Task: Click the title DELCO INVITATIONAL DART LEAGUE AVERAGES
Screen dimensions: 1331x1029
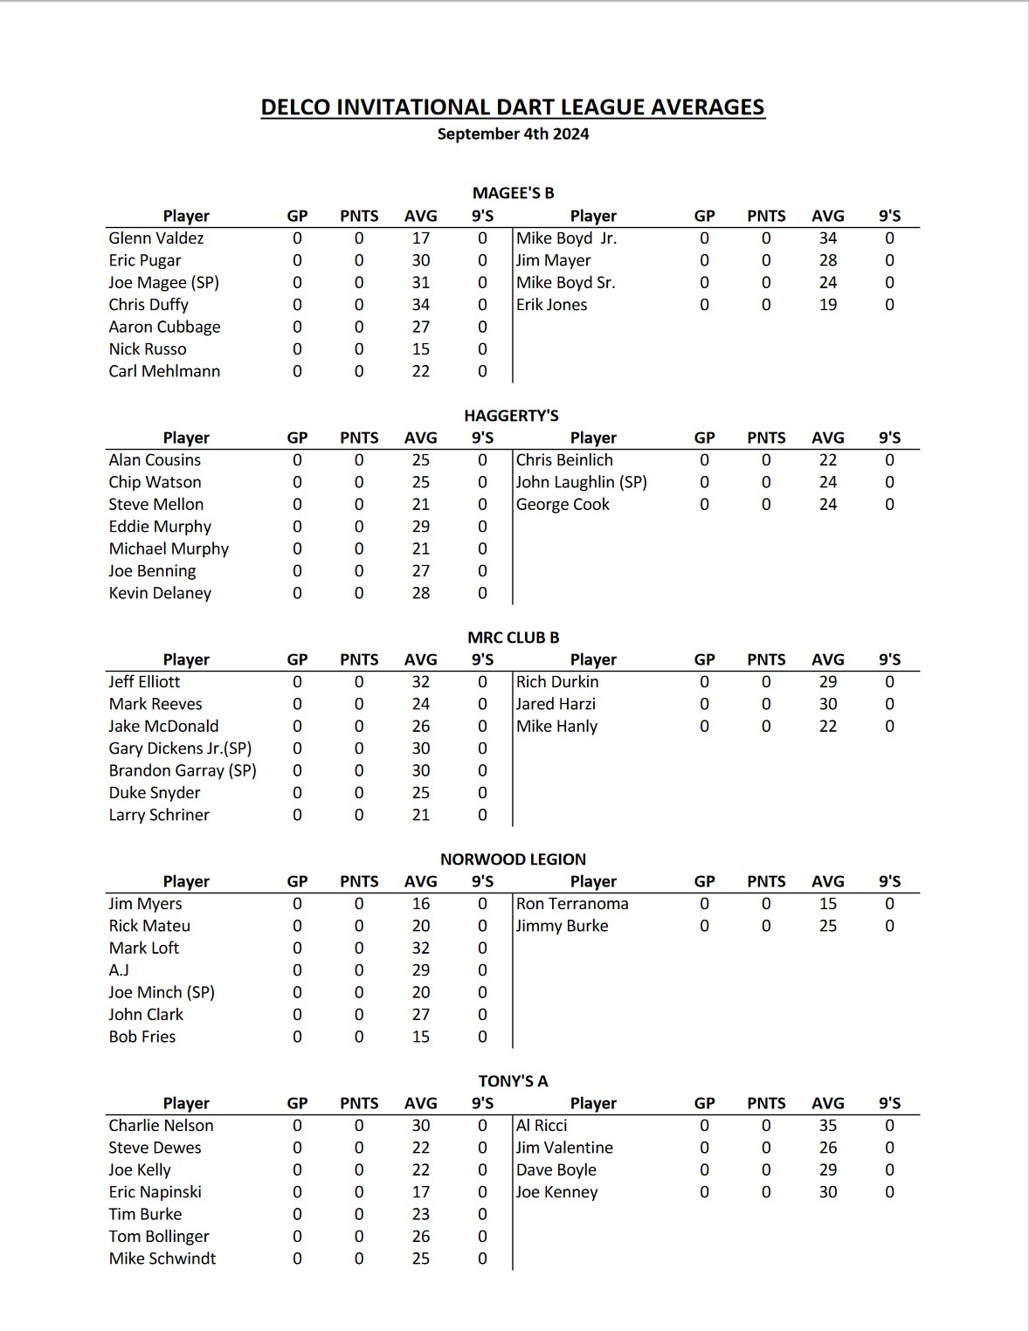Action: [513, 107]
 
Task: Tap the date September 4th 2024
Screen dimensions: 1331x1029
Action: [513, 134]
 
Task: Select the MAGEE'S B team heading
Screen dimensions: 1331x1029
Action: [513, 193]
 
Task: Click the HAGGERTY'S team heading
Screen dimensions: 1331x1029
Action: [511, 416]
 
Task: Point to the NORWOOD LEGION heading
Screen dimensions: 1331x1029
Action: [513, 859]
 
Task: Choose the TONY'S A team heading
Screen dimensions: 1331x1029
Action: [513, 1081]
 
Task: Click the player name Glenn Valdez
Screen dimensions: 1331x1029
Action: [156, 238]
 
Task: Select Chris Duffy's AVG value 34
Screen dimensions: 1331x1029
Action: [421, 305]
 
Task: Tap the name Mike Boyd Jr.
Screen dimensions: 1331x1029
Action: [566, 238]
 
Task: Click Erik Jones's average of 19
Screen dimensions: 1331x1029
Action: [828, 305]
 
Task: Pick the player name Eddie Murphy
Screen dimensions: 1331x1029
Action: [160, 527]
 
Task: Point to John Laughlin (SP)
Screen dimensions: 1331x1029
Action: [581, 482]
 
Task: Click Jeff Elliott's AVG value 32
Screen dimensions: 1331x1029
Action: [421, 682]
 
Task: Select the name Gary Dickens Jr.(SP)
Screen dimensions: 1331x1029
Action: [180, 748]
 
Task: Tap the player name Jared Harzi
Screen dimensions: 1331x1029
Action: [556, 704]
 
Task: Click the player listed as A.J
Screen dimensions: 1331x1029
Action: [119, 970]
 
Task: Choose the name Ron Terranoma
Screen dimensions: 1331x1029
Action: [572, 904]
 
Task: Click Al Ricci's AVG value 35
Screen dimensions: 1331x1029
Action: [828, 1126]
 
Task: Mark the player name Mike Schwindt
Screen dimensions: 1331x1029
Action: [162, 1259]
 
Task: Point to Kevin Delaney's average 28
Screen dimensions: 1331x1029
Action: [421, 593]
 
